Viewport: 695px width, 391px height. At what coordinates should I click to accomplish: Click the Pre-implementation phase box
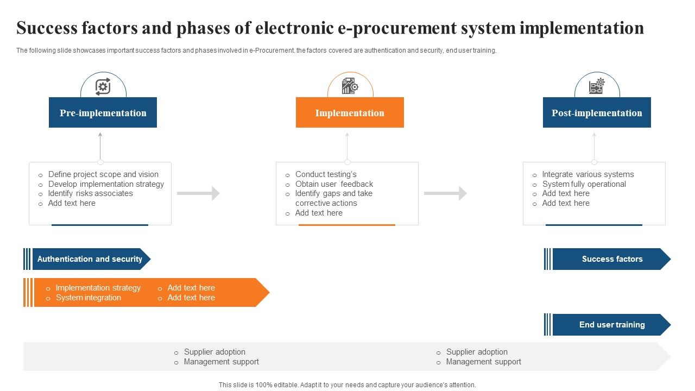[103, 113]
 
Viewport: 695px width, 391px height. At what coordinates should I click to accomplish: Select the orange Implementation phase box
[350, 113]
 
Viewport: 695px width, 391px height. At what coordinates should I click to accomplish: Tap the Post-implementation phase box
[597, 113]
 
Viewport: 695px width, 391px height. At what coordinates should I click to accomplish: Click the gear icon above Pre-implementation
[103, 87]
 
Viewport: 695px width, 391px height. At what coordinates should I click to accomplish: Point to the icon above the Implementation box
[350, 86]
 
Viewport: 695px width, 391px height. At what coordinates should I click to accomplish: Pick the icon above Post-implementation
[597, 86]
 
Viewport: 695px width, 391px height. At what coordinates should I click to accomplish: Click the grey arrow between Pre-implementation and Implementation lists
[198, 193]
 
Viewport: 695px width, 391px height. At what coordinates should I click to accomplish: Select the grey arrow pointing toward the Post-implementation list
[445, 193]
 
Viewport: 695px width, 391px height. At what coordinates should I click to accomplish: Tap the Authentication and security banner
[90, 259]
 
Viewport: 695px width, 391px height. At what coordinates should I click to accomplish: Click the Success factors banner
[612, 259]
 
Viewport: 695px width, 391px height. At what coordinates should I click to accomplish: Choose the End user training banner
[612, 325]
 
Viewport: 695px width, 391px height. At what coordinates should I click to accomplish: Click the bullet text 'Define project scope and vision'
[103, 174]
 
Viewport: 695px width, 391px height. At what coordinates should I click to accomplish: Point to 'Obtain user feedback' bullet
[334, 184]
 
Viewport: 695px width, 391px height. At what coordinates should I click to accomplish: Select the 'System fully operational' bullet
[584, 184]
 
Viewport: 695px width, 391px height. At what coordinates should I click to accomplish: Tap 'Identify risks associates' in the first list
[90, 193]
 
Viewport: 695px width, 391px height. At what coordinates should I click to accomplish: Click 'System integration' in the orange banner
[88, 298]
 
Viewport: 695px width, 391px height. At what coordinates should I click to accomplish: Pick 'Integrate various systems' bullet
[587, 174]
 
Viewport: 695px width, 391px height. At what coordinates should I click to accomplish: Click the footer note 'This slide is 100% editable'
[347, 384]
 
